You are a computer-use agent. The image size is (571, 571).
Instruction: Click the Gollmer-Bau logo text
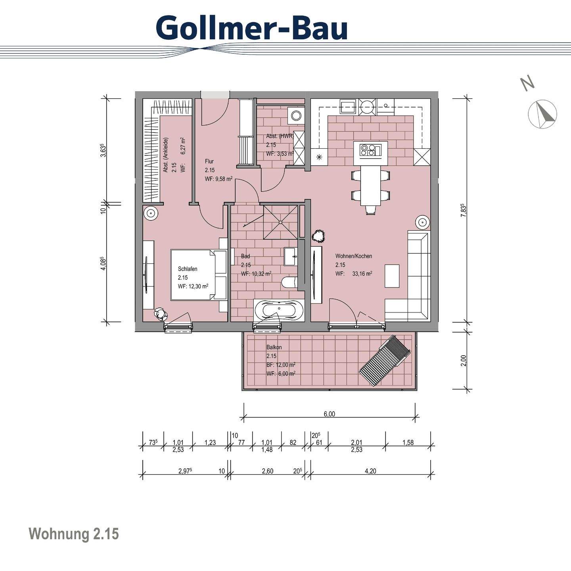(x=252, y=28)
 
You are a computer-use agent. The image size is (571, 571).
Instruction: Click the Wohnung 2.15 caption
(x=74, y=534)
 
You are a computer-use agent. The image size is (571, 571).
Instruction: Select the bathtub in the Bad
(x=279, y=309)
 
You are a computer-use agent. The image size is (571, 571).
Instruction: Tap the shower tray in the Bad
(x=280, y=222)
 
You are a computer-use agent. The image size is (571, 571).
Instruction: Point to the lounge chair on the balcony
(x=384, y=361)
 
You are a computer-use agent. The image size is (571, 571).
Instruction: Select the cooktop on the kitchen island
(x=370, y=150)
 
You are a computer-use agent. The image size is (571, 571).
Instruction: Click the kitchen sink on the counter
(x=348, y=106)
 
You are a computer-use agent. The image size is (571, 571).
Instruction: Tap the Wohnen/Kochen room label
(x=354, y=256)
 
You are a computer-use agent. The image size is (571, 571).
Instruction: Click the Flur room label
(x=209, y=161)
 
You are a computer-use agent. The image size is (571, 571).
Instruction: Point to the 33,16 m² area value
(x=362, y=274)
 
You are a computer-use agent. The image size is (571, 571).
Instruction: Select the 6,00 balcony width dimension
(x=329, y=414)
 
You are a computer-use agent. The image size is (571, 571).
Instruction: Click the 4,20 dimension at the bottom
(x=370, y=471)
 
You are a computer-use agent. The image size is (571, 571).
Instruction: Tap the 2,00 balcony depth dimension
(x=464, y=360)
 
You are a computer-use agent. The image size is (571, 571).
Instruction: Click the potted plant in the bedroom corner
(x=161, y=314)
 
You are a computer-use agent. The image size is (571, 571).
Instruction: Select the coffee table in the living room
(x=392, y=276)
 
